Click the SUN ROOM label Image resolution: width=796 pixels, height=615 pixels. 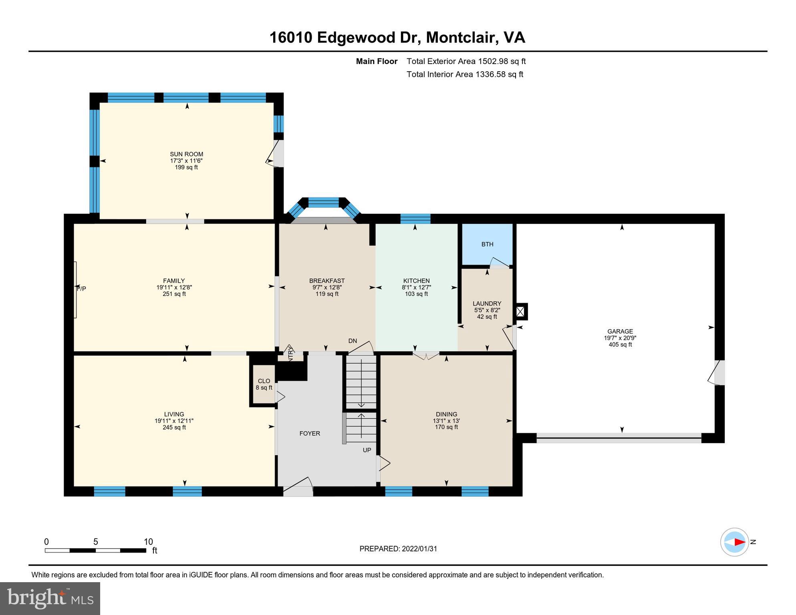pos(186,154)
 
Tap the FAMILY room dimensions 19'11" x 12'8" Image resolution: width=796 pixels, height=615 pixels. pos(174,287)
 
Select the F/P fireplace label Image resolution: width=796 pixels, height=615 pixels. pos(81,289)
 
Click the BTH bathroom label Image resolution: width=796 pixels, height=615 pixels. pos(487,244)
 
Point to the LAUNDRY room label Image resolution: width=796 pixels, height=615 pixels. pos(487,303)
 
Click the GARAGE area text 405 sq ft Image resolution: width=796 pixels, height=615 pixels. pos(620,344)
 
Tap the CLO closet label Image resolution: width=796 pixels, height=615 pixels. pos(264,381)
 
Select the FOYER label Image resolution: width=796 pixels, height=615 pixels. pos(310,433)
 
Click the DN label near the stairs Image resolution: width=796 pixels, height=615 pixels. pos(353,341)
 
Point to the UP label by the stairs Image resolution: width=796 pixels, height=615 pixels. pos(367,450)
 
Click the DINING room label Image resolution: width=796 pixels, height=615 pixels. pos(446,414)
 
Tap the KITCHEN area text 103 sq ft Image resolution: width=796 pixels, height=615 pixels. pos(416,294)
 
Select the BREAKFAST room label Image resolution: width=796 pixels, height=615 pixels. pos(327,281)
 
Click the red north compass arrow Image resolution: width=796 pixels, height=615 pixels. pos(739,542)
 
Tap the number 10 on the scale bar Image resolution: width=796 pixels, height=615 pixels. pos(148,542)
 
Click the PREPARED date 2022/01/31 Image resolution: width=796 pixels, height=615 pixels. pos(418,549)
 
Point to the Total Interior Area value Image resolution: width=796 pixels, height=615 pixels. pos(499,74)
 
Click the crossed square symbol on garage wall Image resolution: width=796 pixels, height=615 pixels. pos(520,312)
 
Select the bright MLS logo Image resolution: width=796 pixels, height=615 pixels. pos(50,598)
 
